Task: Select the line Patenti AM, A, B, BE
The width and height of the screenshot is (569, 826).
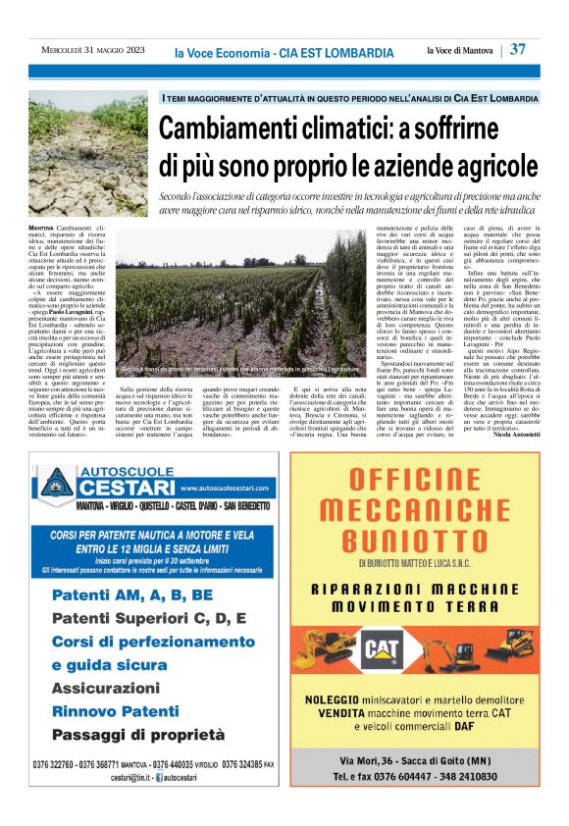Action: [131, 594]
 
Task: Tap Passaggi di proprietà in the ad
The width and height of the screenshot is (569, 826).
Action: [141, 735]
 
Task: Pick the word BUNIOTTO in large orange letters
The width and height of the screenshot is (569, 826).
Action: [425, 539]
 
